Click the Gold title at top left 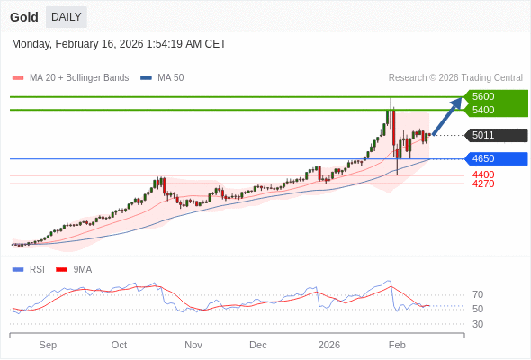pyautogui.click(x=24, y=17)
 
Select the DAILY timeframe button pyautogui.click(x=67, y=17)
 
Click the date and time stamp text pyautogui.click(x=119, y=44)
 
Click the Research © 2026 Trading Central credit pyautogui.click(x=455, y=78)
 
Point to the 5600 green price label pyautogui.click(x=483, y=96)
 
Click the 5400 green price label pyautogui.click(x=483, y=110)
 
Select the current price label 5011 pyautogui.click(x=483, y=136)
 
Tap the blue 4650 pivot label pyautogui.click(x=483, y=159)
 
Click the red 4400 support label pyautogui.click(x=483, y=175)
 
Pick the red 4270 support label pyautogui.click(x=483, y=184)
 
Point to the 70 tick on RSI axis pyautogui.click(x=478, y=294)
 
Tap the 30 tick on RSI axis pyautogui.click(x=478, y=324)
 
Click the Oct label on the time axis pyautogui.click(x=119, y=345)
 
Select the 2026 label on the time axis pyautogui.click(x=329, y=345)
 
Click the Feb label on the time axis pyautogui.click(x=397, y=345)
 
